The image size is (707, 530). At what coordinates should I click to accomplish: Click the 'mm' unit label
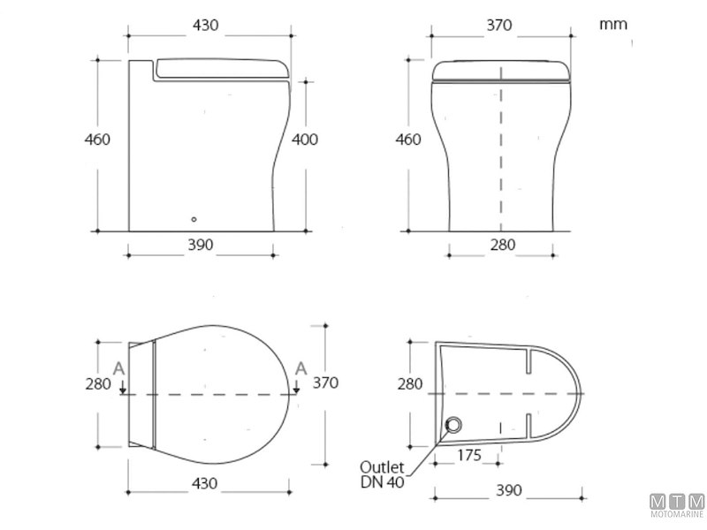tap(613, 24)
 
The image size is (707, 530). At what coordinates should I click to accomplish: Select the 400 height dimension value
tap(305, 140)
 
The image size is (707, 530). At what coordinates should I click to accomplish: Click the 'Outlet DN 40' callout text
tap(382, 473)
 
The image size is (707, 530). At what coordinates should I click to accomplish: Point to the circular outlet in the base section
tap(453, 426)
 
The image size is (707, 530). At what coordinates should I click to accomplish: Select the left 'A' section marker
tap(119, 369)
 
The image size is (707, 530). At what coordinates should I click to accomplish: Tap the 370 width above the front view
tap(498, 26)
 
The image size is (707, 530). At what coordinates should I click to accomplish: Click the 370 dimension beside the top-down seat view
tap(325, 382)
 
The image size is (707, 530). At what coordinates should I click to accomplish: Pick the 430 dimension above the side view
tap(205, 26)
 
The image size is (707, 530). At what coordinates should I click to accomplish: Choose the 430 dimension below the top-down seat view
tap(204, 483)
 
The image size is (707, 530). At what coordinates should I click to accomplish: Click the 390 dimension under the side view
tap(201, 246)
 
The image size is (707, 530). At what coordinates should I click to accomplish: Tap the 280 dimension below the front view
tap(502, 246)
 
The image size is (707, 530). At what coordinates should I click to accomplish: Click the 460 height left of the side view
tap(97, 140)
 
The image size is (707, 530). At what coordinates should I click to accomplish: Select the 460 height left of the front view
tap(407, 140)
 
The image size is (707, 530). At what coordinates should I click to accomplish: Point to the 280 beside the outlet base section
tap(409, 384)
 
